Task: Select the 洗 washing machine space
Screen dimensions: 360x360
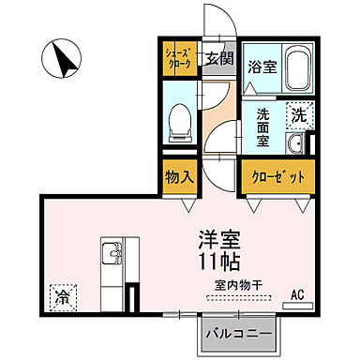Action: click(297, 115)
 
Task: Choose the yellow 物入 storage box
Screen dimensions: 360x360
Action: click(179, 177)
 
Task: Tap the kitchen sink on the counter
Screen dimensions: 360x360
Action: click(110, 253)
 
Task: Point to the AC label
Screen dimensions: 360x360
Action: click(298, 295)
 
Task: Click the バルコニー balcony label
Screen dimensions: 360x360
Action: click(239, 333)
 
